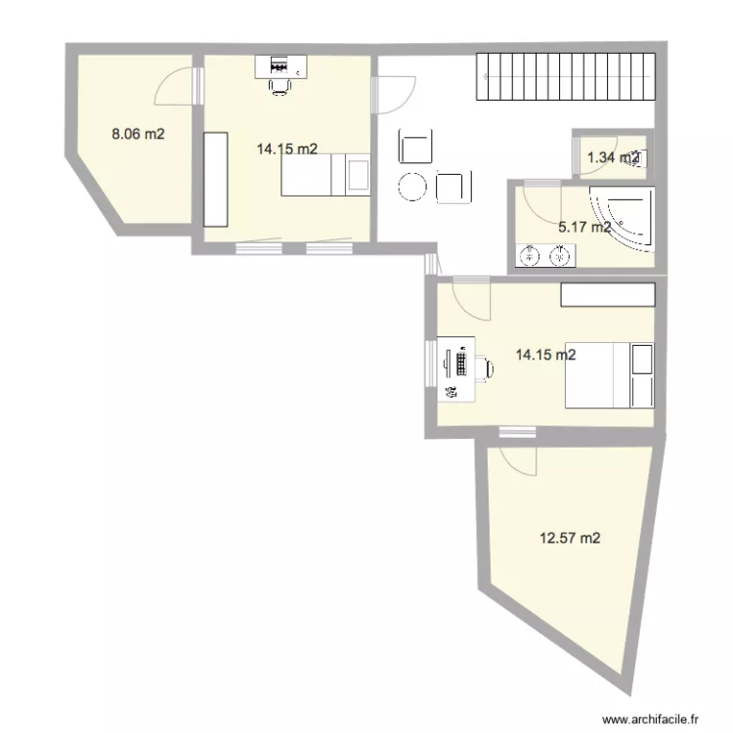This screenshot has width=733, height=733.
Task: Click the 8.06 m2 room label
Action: pos(138,135)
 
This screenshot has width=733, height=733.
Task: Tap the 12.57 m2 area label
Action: pos(571,537)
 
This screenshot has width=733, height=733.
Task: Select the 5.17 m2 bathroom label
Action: pos(583,228)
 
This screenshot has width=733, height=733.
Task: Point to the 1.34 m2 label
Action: pos(612,157)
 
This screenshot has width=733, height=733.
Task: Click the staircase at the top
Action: pos(564,76)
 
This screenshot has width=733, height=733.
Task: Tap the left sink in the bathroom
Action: pos(529,257)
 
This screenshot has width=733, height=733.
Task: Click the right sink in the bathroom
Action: pos(560,257)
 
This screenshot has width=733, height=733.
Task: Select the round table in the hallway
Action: pos(411,185)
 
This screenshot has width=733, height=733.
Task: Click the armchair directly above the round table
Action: pos(414,148)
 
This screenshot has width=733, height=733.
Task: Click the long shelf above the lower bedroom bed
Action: pos(606,295)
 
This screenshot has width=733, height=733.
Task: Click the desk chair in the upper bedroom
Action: pos(280,85)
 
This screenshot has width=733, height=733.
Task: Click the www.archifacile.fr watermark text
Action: pos(652,718)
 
